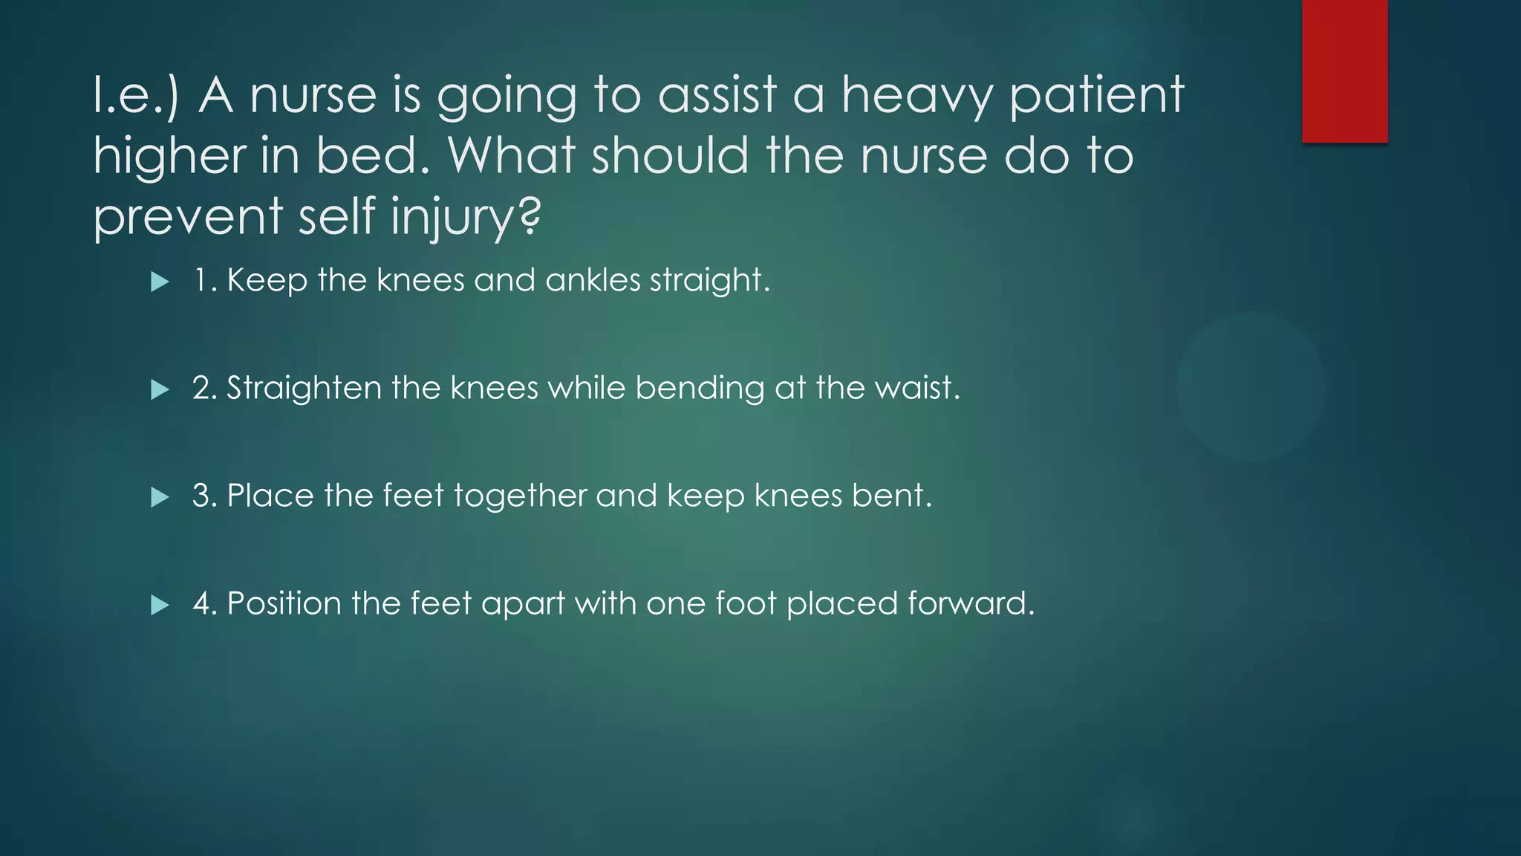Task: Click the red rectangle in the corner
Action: coord(1344,71)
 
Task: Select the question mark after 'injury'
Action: coord(527,215)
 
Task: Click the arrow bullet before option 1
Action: coord(160,282)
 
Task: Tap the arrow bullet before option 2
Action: coord(160,389)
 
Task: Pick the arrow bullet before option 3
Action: coord(160,497)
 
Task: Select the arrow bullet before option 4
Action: coord(160,605)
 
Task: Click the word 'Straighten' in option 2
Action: coord(304,388)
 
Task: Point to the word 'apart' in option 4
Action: coord(523,603)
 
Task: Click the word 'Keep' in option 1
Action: coord(267,280)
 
